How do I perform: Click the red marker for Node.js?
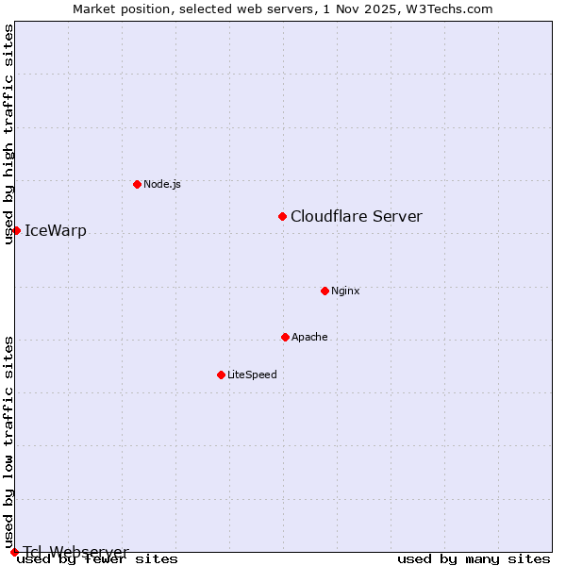(137, 184)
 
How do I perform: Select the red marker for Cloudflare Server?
(282, 217)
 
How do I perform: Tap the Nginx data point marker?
(325, 291)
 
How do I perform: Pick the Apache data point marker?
(285, 337)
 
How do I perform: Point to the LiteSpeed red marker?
(221, 375)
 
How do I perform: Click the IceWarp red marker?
(16, 230)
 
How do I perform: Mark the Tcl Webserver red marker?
(14, 552)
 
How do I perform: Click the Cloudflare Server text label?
(357, 217)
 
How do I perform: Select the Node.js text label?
(162, 184)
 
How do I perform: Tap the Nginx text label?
(345, 291)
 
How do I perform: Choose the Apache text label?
(309, 337)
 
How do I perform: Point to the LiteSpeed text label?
(252, 375)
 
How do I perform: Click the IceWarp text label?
(56, 231)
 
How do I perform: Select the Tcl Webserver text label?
(76, 552)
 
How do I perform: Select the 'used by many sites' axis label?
(474, 559)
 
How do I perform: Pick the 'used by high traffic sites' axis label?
(9, 134)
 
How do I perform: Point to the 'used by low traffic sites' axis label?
(9, 441)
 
